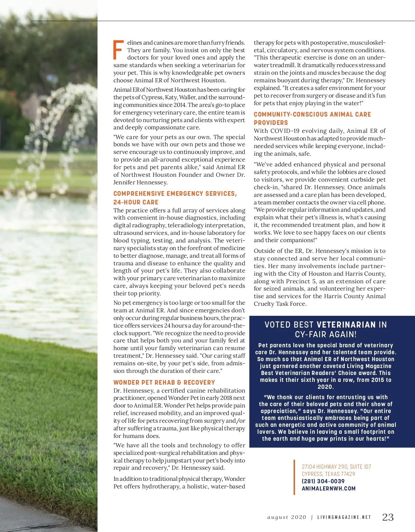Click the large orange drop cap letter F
(x=118, y=50)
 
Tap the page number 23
(x=388, y=517)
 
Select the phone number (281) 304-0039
(x=323, y=481)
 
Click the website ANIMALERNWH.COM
(x=329, y=488)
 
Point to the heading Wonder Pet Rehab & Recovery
(x=164, y=382)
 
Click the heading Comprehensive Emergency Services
(x=175, y=194)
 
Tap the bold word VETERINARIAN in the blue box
(x=346, y=325)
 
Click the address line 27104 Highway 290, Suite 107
(x=336, y=467)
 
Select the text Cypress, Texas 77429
(x=328, y=474)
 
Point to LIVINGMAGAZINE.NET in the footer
(x=344, y=517)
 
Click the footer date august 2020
(x=287, y=517)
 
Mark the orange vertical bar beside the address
(x=294, y=477)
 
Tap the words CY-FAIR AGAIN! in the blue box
(x=325, y=334)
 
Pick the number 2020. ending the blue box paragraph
(x=325, y=387)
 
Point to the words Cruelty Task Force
(x=280, y=304)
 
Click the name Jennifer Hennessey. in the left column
(x=140, y=182)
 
